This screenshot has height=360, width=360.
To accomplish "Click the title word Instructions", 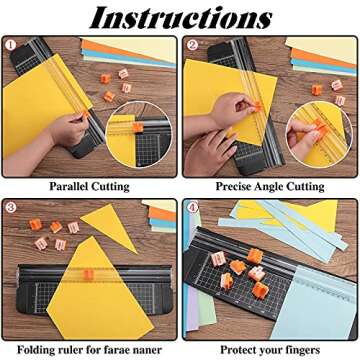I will [180, 17].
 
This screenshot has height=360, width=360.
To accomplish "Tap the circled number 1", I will [10, 44].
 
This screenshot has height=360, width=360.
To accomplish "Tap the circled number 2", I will [190, 44].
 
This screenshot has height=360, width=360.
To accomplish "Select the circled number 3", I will [10, 207].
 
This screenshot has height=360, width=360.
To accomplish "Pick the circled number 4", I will [190, 207].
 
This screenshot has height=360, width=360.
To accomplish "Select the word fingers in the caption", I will [303, 349].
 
